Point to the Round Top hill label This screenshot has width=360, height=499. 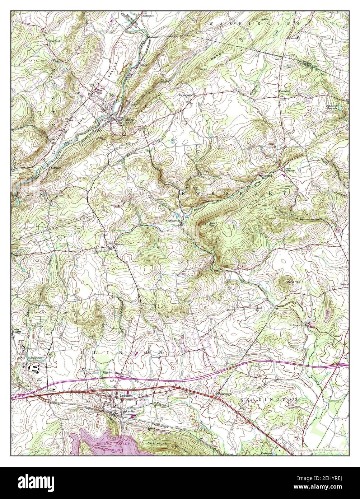click(x=293, y=283)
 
